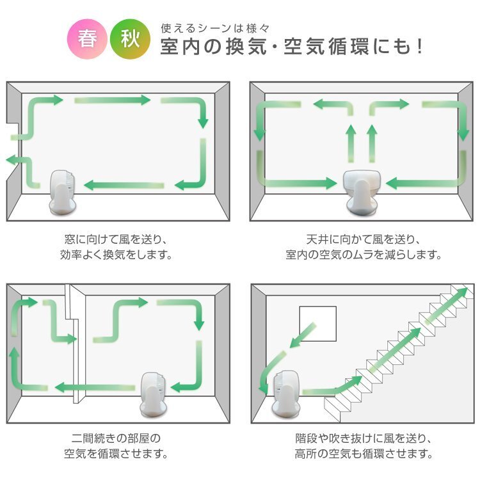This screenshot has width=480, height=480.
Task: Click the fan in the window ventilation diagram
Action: [x=63, y=192]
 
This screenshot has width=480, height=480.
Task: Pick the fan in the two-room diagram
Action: [x=156, y=393]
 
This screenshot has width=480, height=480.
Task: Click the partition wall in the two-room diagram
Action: [x=76, y=346]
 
